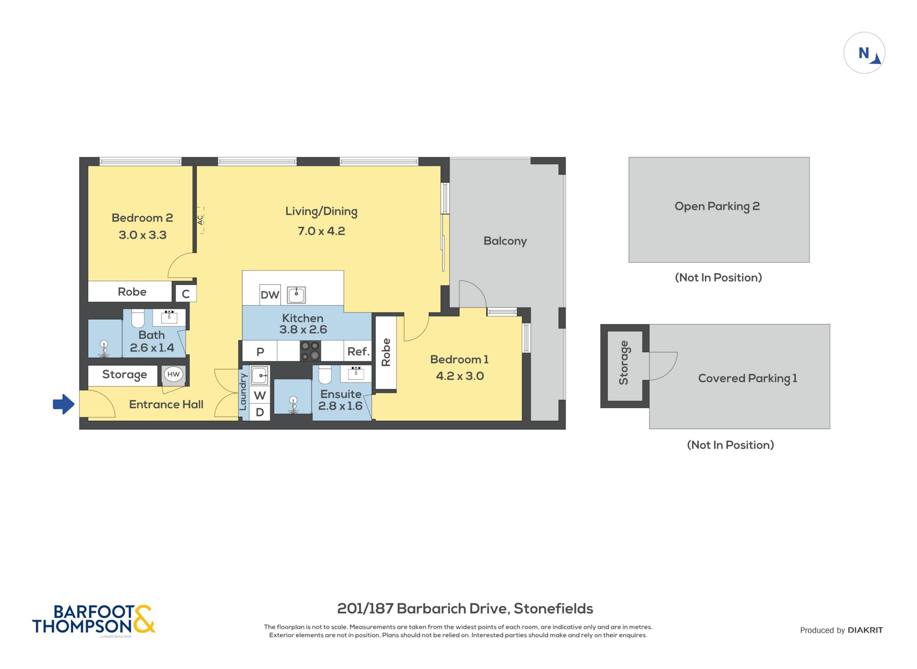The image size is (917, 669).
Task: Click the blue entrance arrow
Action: pos(64,404)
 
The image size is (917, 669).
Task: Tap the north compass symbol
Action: pos(864,53)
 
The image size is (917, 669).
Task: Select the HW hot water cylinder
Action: pos(173,374)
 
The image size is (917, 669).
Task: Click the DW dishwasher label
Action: pos(270,295)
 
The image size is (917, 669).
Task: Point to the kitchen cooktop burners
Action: pos(310,351)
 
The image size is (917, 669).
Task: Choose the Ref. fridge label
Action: pos(358,352)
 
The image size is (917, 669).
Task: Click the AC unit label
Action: pos(200,220)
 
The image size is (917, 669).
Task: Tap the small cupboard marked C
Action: pos(185,294)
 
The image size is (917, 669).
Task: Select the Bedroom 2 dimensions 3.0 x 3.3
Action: pos(142,235)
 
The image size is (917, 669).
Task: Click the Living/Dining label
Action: pos(321,211)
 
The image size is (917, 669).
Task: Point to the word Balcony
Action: pos(505,241)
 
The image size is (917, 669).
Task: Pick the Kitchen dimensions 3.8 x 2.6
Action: pos(303,330)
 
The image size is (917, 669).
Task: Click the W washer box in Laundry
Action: pos(260,395)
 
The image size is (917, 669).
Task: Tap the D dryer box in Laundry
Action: pos(260,412)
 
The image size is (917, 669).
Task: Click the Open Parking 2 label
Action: pos(717,206)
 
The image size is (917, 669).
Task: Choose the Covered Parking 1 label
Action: pos(748,378)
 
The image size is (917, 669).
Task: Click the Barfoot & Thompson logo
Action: pos(94,620)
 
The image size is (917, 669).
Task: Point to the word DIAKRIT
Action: pos(865,630)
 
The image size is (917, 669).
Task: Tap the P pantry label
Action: pos(260,352)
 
